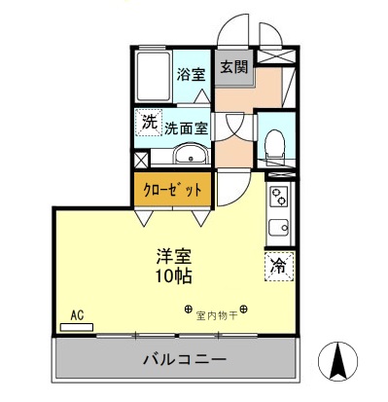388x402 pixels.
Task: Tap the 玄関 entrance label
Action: [x=232, y=67]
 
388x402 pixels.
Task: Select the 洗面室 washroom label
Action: [x=186, y=127]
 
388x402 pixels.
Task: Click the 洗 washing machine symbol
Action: [x=148, y=123]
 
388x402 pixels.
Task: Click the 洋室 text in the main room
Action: [x=175, y=256]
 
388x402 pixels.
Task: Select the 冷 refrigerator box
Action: [x=278, y=264]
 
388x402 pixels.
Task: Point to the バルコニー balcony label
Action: [x=176, y=358]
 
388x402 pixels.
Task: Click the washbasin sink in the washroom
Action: [x=190, y=155]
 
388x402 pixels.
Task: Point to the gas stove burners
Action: [x=278, y=199]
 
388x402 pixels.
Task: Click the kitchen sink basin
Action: [x=278, y=230]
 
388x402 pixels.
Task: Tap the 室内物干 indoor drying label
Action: [x=216, y=315]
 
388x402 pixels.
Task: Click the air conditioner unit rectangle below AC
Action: [x=77, y=327]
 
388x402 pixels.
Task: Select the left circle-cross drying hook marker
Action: [x=188, y=311]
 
